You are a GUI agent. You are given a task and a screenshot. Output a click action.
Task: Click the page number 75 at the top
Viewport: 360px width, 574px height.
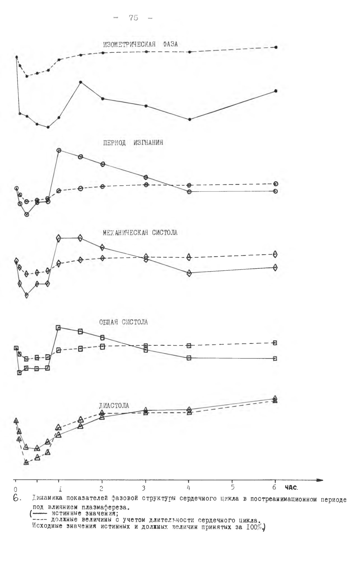tap(134, 18)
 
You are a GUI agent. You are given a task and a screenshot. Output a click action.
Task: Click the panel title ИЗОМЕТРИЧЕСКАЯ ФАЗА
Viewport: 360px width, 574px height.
tap(140, 44)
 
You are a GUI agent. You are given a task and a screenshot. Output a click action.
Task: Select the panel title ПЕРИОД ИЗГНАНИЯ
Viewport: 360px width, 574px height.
tap(131, 143)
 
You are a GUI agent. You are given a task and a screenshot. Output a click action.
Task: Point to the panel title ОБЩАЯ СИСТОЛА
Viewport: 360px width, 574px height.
tap(124, 322)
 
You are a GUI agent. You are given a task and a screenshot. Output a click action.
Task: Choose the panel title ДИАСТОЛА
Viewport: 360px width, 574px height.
tap(114, 406)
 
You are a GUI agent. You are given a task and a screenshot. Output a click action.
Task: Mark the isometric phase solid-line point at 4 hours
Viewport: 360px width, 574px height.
tap(190, 119)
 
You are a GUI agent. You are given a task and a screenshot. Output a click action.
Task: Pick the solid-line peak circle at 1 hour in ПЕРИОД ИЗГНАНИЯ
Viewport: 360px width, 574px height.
tap(59, 150)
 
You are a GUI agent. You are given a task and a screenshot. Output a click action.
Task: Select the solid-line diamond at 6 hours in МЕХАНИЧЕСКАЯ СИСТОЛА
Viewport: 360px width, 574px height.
tap(275, 267)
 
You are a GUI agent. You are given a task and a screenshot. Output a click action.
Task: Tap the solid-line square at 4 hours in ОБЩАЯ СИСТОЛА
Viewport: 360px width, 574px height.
tap(189, 358)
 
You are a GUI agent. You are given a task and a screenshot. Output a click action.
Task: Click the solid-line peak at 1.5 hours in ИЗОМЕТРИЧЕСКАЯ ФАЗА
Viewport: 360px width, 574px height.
tap(80, 82)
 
